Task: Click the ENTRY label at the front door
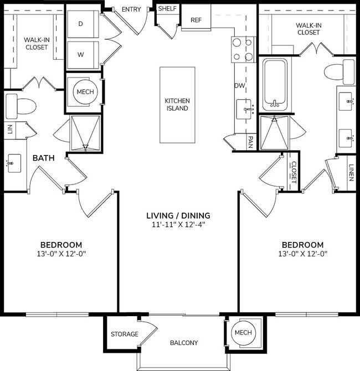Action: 131,9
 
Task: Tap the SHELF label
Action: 167,9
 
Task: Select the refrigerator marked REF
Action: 196,20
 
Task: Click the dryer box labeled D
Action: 81,24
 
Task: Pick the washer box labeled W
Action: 81,54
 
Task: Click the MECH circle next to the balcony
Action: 243,332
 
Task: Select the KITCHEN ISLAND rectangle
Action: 177,104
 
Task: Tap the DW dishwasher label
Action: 240,86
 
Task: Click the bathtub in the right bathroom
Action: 274,83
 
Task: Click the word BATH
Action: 43,158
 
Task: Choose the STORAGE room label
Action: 125,334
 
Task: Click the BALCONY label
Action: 184,343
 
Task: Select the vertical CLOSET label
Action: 294,172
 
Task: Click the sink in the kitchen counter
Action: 244,109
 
